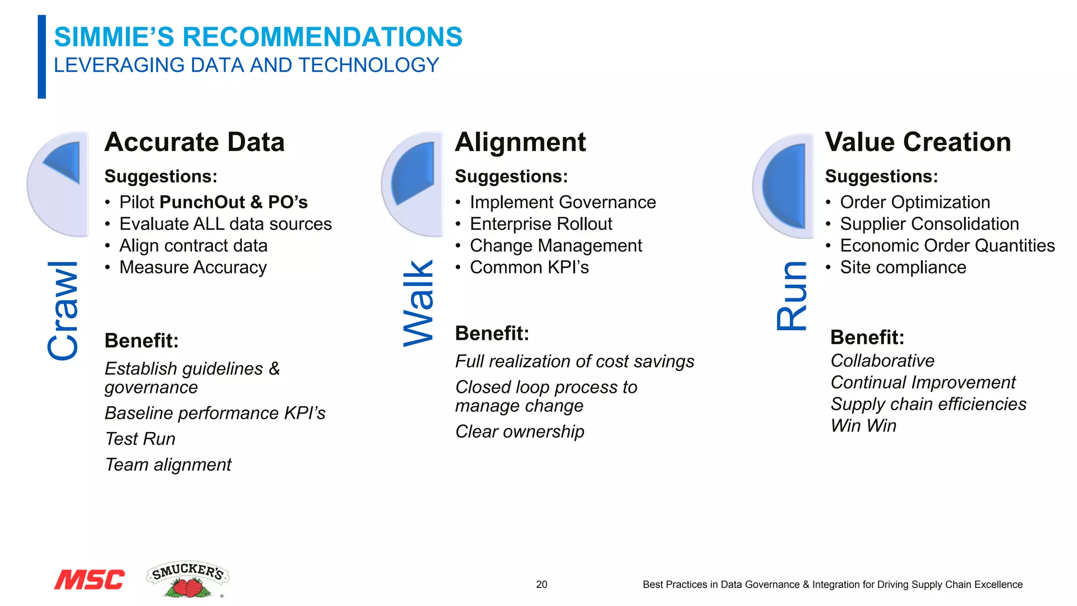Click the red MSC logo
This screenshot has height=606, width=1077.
coord(89,579)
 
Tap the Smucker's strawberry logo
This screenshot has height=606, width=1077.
coord(188,580)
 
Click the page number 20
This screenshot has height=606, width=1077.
coord(541,584)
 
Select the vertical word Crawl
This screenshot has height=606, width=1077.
coord(64,310)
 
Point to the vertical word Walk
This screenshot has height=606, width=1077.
coord(419,304)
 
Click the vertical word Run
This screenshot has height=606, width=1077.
coord(792,296)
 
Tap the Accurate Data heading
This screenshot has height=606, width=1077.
coord(195,142)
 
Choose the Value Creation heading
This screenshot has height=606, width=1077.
coord(918,142)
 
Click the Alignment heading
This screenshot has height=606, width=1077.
coord(520,142)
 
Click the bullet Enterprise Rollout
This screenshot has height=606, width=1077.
coord(541,224)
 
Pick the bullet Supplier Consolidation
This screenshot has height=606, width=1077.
coord(929,224)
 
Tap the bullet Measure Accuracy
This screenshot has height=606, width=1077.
coord(192,267)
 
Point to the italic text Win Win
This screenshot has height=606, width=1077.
coord(863,426)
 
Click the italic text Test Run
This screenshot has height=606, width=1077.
coord(140,439)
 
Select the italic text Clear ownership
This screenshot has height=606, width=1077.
coord(520,431)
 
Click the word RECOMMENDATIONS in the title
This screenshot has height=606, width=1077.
coord(322,37)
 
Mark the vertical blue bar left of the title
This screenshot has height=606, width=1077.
coord(42,57)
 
